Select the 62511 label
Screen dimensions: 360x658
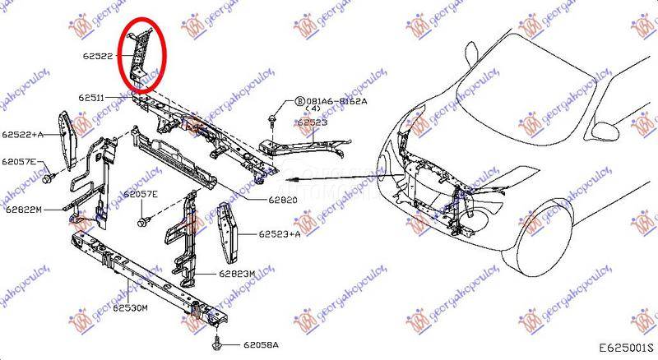pos(92,97)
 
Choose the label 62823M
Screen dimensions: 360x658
pos(239,273)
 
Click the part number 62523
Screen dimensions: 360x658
pos(313,122)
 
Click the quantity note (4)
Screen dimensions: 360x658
pos(313,109)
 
